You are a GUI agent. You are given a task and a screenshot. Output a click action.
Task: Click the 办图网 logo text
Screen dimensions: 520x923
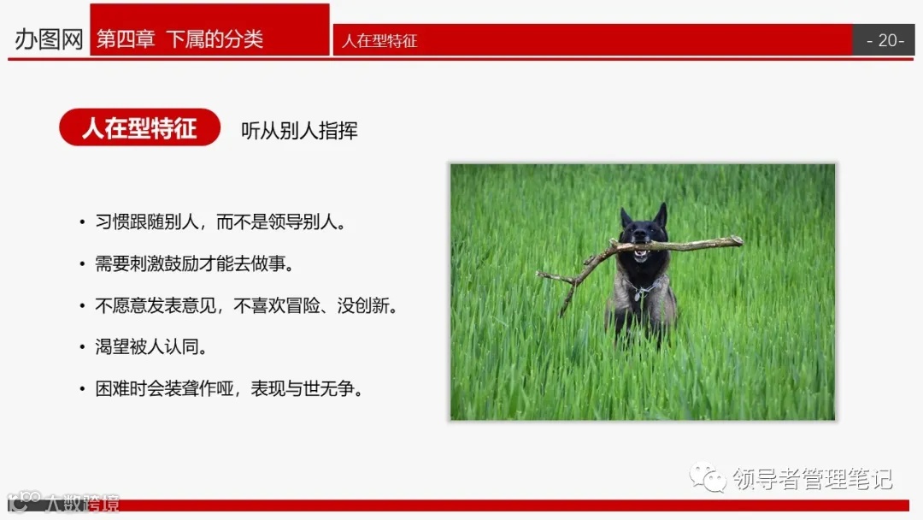(x=49, y=39)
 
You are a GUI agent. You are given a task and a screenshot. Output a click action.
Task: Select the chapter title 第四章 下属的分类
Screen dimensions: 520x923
(x=179, y=39)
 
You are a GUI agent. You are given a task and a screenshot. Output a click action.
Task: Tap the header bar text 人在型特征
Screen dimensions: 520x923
(x=379, y=41)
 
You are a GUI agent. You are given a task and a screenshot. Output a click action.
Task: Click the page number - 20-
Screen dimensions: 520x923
(x=885, y=40)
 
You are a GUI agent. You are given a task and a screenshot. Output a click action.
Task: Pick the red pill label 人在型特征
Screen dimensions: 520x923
(x=139, y=128)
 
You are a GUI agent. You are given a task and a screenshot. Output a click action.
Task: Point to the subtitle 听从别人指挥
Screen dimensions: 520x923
(x=299, y=130)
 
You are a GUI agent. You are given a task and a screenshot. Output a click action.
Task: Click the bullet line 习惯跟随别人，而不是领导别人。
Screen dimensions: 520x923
(x=220, y=222)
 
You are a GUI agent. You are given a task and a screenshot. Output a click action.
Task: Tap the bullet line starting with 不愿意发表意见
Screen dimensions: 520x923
(x=246, y=306)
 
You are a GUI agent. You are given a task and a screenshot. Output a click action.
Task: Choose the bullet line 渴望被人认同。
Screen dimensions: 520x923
(x=151, y=347)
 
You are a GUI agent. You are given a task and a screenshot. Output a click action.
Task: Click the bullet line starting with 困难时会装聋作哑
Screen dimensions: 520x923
(x=229, y=389)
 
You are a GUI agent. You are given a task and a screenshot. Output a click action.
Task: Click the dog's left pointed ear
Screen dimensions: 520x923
(x=626, y=216)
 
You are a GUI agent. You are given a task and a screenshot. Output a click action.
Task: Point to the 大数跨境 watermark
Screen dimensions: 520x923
(x=81, y=503)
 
